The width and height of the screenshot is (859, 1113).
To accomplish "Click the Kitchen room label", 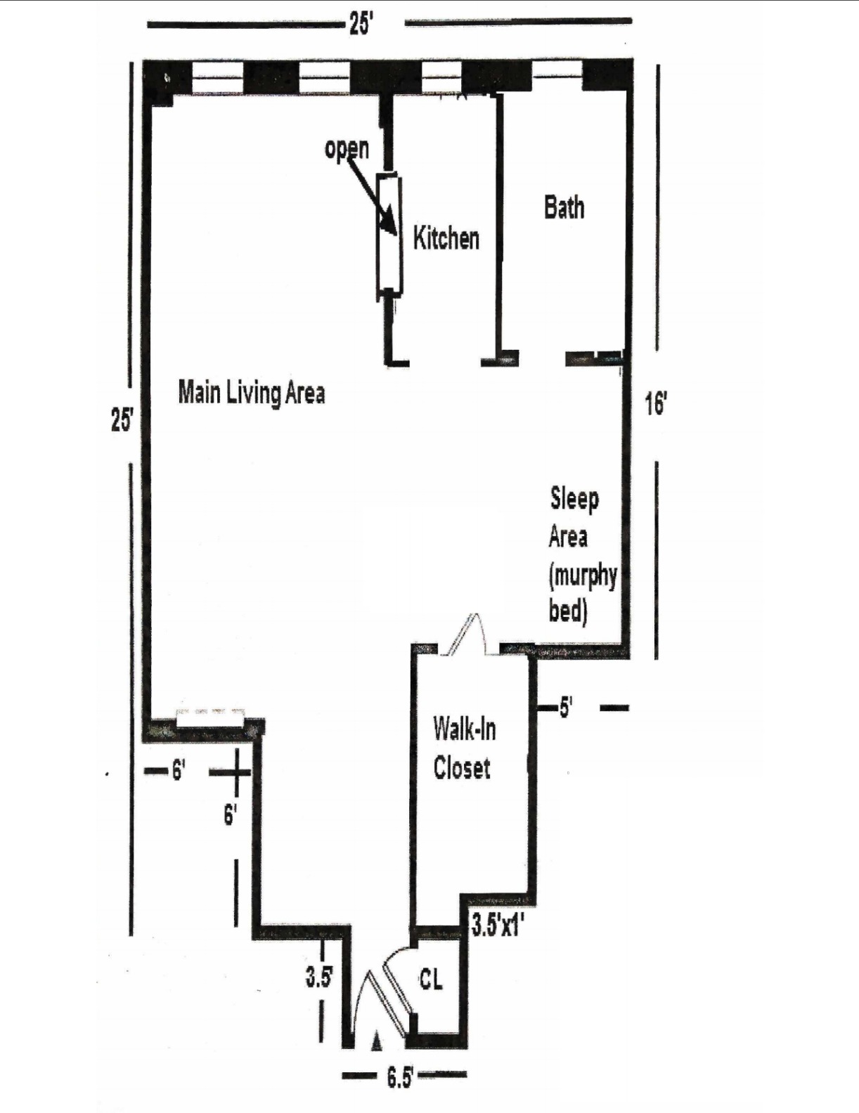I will click(446, 238).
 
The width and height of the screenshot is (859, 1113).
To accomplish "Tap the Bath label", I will click(564, 207).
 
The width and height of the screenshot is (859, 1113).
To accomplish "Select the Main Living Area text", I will click(251, 392).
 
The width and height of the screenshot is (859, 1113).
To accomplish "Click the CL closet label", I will click(431, 979).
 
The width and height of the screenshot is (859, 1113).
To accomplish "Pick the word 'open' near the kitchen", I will click(347, 148).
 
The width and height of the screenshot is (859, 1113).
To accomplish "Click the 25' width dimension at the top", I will click(360, 23).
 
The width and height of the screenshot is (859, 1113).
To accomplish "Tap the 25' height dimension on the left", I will click(122, 419).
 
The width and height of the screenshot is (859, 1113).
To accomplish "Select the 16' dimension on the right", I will click(655, 404).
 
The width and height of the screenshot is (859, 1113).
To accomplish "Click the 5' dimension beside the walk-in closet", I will click(566, 708).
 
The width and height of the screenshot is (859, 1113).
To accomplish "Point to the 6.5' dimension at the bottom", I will click(399, 1077).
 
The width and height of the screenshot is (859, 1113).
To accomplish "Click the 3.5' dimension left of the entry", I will click(318, 977).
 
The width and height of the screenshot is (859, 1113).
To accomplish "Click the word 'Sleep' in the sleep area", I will click(574, 499).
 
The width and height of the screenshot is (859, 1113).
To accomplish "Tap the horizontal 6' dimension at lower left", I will click(178, 772).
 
